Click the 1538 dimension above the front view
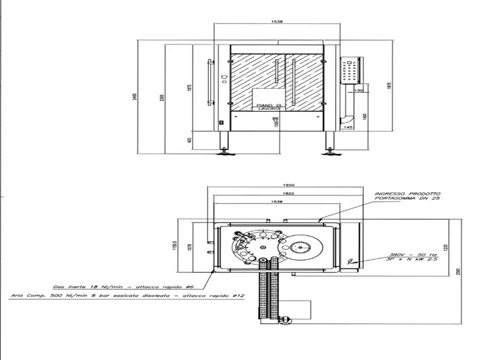click(276, 21)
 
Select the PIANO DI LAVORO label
click(266, 104)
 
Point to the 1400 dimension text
click(364, 116)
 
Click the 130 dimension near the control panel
click(359, 90)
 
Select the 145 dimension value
click(349, 127)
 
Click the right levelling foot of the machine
click(329, 153)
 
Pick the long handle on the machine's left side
click(209, 82)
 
